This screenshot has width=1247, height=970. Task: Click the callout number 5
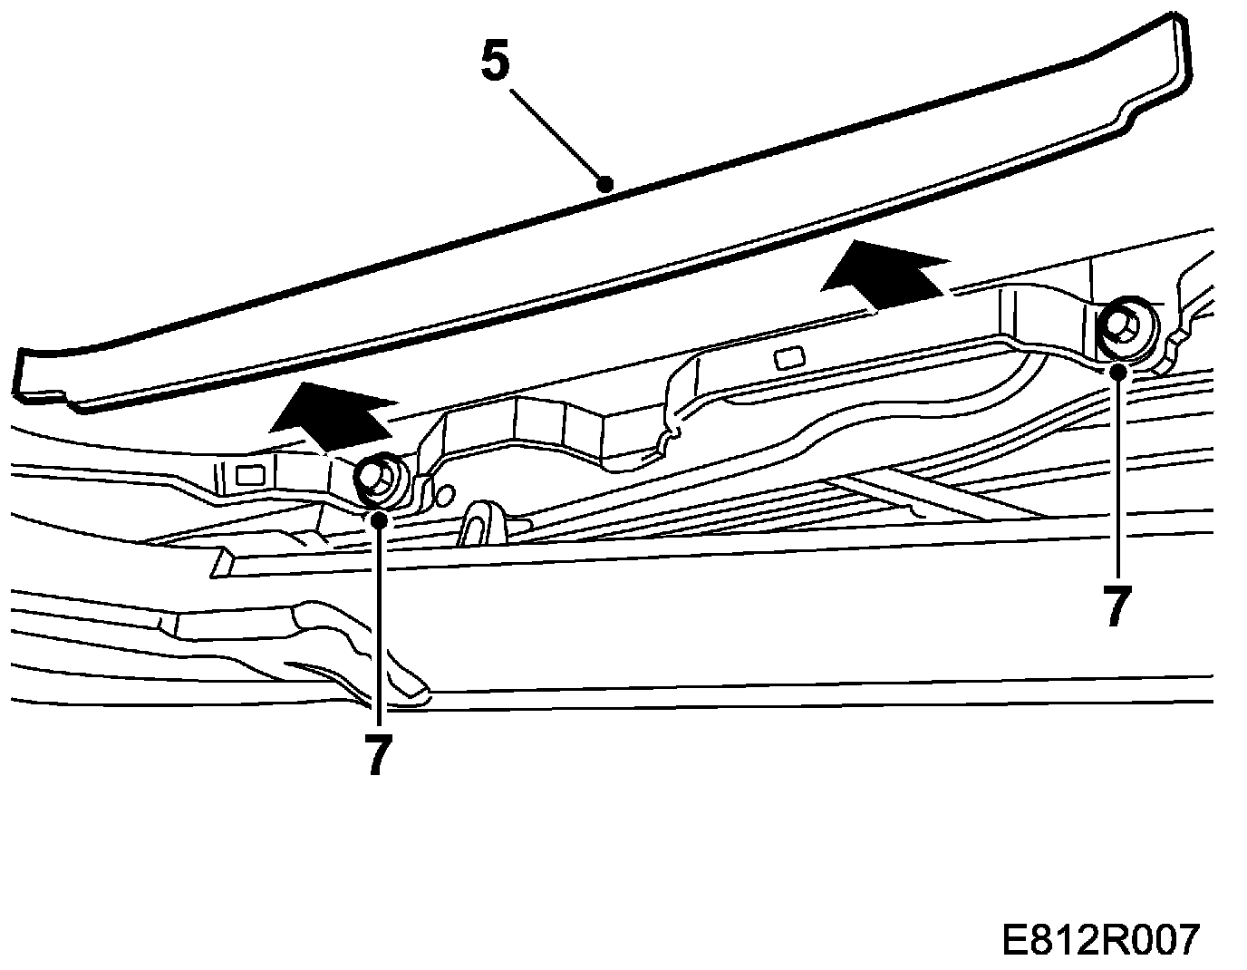click(495, 61)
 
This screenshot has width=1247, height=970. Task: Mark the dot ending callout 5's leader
click(605, 184)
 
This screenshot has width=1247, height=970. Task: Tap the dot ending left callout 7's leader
click(379, 519)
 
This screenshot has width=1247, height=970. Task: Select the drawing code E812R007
click(1100, 940)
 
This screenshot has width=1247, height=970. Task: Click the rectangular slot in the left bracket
click(247, 472)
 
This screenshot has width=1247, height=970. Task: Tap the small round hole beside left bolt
click(443, 495)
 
